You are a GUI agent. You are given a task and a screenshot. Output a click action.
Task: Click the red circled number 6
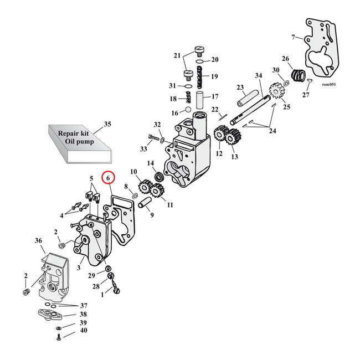pos(108,178)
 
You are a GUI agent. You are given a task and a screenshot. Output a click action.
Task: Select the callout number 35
pos(107,124)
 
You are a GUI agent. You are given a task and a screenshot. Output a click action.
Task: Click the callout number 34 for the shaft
pos(258,75)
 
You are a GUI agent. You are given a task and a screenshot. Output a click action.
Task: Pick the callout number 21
pos(177,55)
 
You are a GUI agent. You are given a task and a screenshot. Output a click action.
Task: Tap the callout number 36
pos(38,240)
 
